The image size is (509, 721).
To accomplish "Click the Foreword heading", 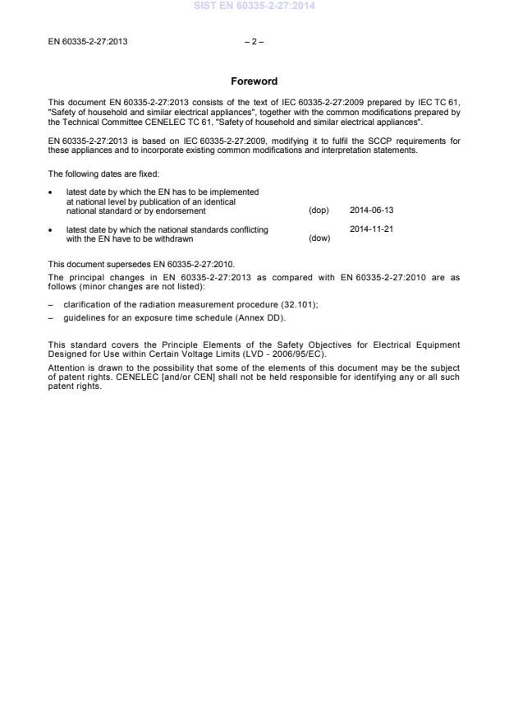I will click(x=254, y=81).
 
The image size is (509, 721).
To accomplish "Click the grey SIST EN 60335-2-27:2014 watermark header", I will click(x=254, y=7).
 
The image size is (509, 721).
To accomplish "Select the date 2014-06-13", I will click(x=371, y=210).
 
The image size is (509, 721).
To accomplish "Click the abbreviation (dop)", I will click(x=319, y=210).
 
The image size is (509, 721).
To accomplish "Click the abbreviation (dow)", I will click(x=319, y=238).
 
